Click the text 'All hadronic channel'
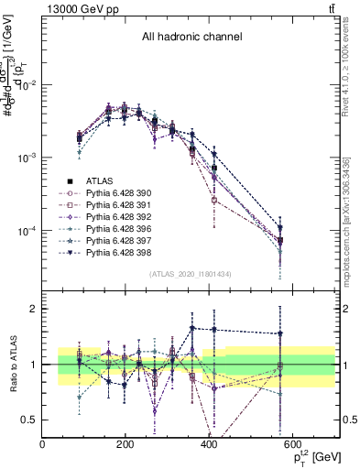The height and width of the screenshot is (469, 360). coord(191,38)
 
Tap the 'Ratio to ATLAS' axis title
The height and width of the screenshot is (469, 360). coord(12,365)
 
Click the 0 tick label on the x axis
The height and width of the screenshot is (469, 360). coord(43,443)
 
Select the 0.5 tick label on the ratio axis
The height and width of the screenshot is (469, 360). coord(28,420)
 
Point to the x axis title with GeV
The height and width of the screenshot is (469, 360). coord(313,455)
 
